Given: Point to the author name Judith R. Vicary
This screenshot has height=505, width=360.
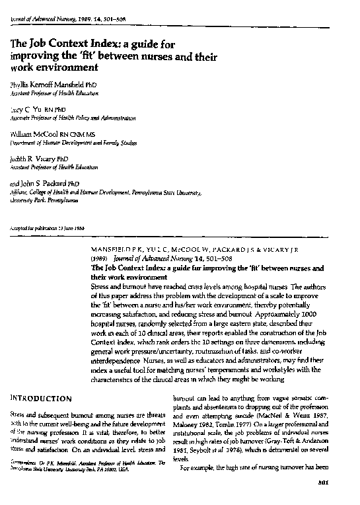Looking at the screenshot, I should (34, 159).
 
